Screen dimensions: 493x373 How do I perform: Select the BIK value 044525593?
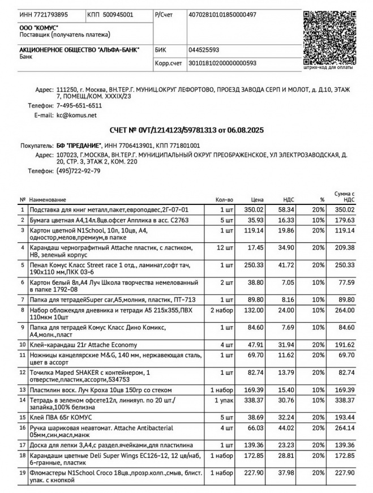point(204,50)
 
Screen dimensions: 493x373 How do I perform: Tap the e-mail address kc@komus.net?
point(76,115)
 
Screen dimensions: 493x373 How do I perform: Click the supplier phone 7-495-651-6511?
point(79,105)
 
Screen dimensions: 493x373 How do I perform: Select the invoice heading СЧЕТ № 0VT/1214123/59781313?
point(186,130)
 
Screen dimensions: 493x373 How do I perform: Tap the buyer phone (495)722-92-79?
point(79,171)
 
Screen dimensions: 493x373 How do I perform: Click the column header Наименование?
point(48,200)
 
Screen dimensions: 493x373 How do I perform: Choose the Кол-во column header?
point(224,200)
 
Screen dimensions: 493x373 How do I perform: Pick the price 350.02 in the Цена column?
point(254,209)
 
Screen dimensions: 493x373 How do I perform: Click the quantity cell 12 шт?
point(225,247)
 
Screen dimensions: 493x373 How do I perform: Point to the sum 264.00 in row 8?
point(345,310)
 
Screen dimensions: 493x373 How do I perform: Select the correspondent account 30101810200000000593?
point(222,63)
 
